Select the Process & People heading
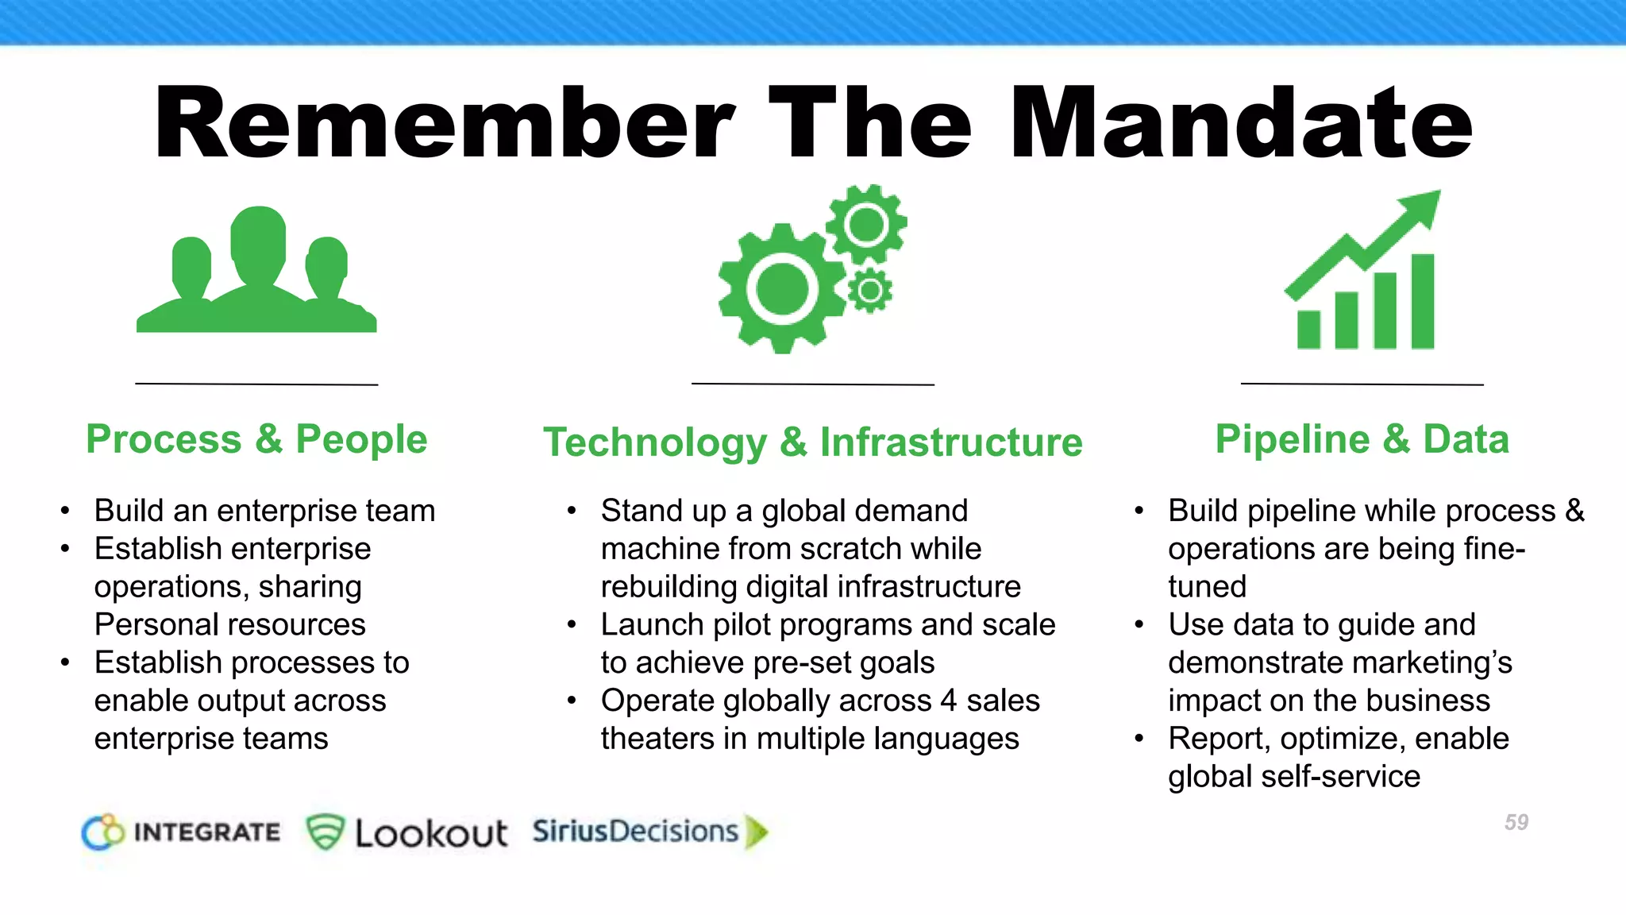[x=256, y=439]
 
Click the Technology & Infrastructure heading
[x=812, y=442]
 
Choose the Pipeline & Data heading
[x=1362, y=439]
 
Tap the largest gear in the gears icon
[x=782, y=288]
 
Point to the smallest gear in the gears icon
[x=870, y=291]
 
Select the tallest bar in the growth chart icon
[x=1423, y=302]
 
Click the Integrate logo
[x=181, y=832]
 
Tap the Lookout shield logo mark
[x=325, y=832]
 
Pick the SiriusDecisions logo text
[x=635, y=831]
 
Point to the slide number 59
[x=1516, y=822]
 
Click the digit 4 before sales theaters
[x=948, y=701]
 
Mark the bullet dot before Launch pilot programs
[x=572, y=625]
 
